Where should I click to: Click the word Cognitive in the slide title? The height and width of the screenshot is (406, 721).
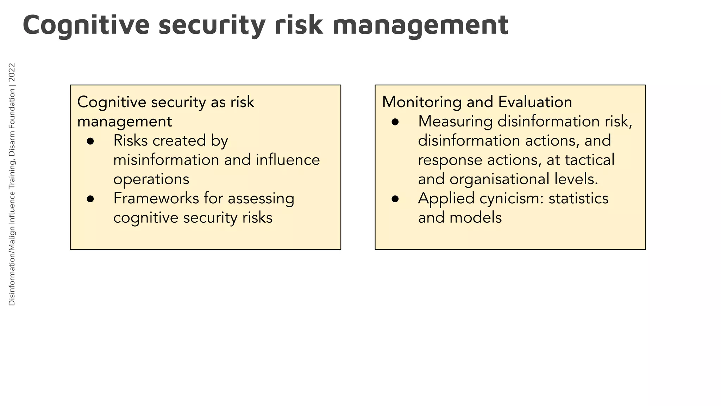(x=86, y=25)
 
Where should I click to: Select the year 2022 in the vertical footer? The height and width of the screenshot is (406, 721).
(x=12, y=73)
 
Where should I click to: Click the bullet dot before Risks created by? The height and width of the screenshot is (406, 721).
(x=90, y=141)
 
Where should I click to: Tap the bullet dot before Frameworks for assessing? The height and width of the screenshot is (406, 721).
(x=90, y=199)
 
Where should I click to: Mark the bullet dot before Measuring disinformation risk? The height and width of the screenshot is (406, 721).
(x=395, y=122)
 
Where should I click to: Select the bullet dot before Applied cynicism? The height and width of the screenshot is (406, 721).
(x=395, y=199)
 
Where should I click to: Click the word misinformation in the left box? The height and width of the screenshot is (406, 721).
(x=166, y=160)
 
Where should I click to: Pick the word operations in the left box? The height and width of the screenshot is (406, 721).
(x=151, y=179)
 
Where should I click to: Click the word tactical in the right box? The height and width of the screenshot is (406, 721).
(x=590, y=160)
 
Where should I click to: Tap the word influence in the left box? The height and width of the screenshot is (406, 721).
(x=288, y=160)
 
